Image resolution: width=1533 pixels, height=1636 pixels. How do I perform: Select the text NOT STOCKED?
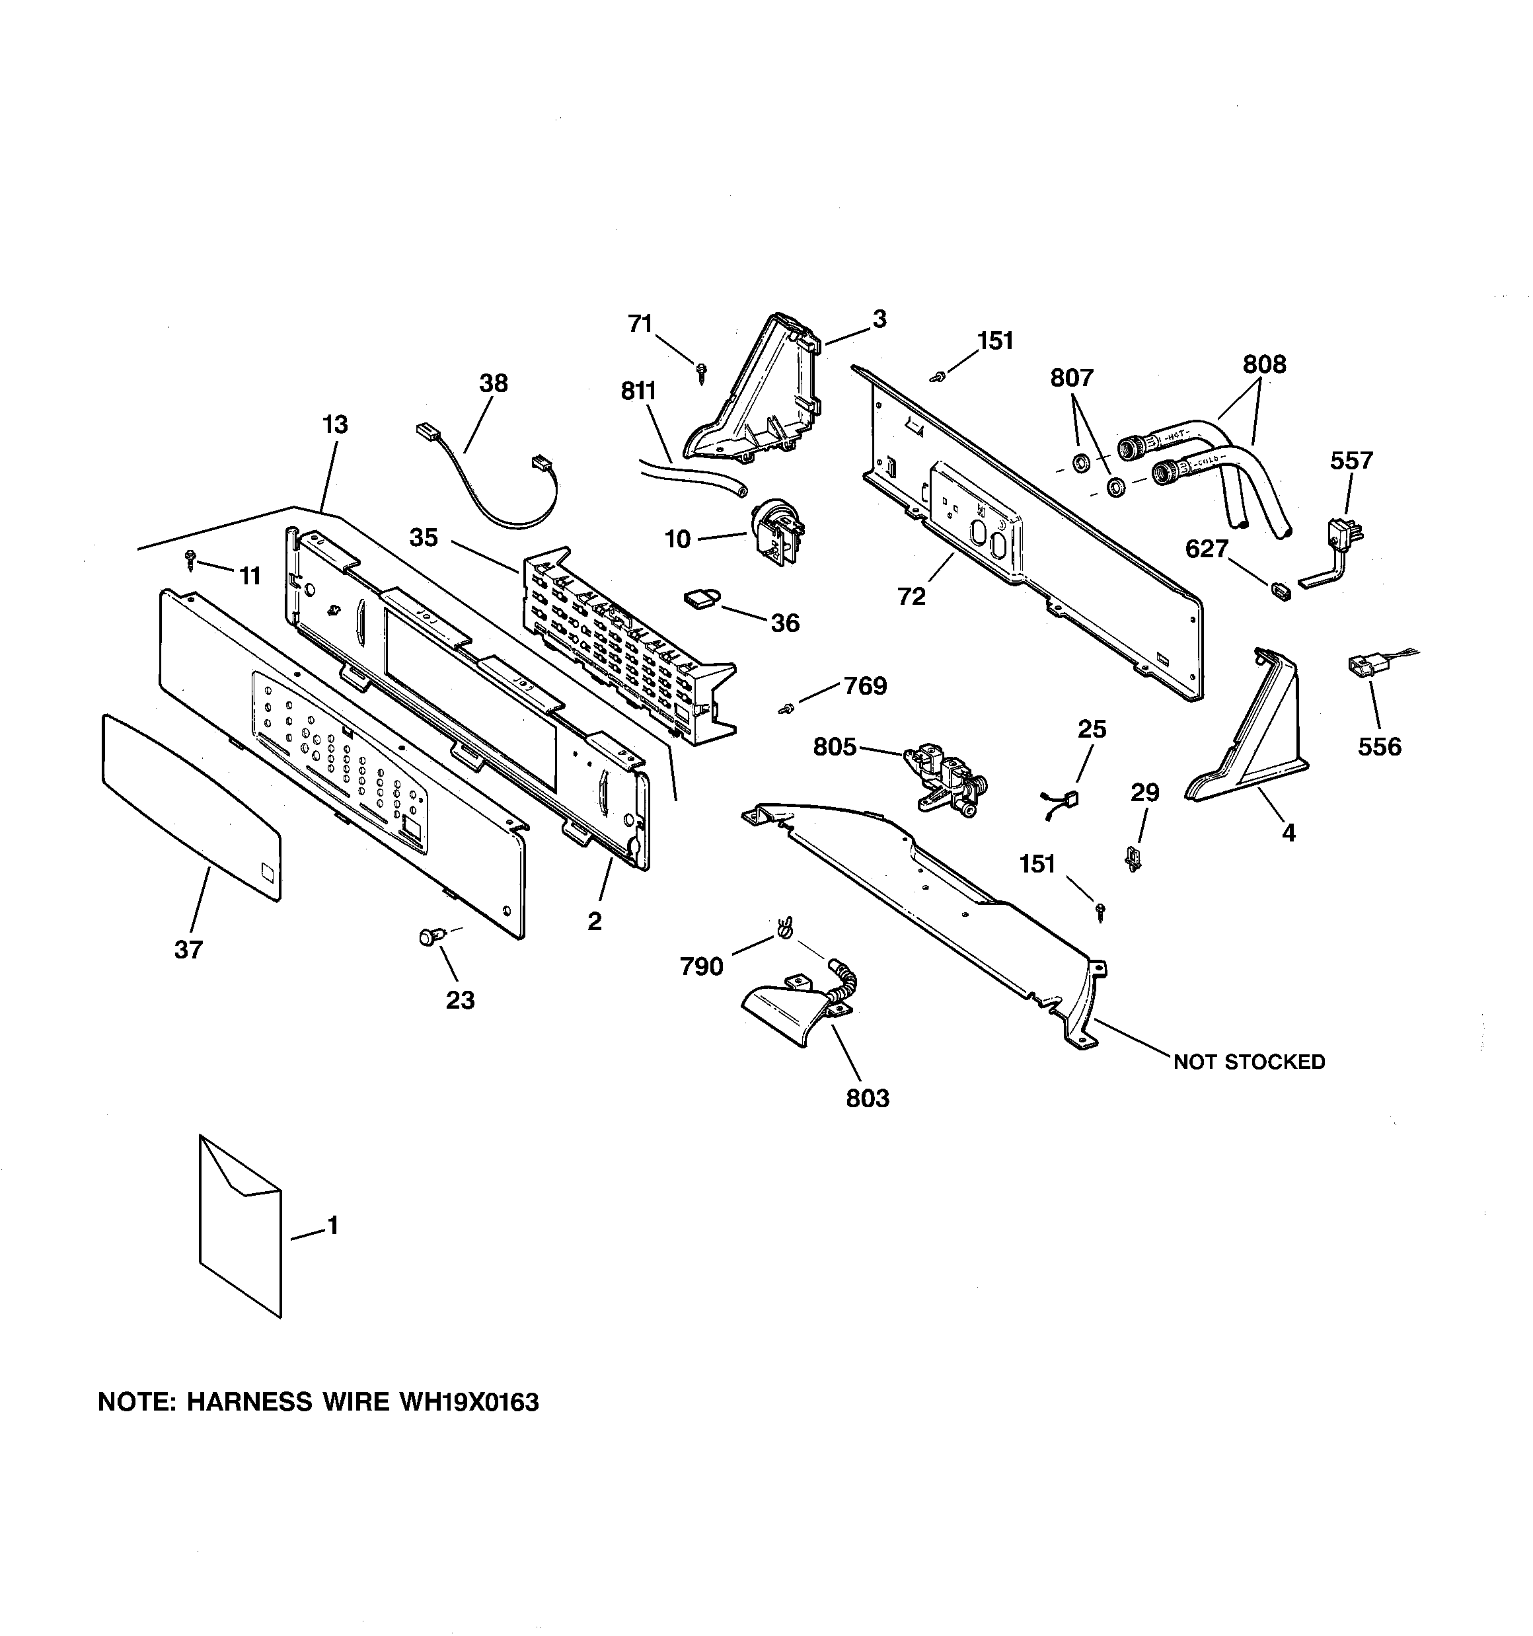pyautogui.click(x=1248, y=1062)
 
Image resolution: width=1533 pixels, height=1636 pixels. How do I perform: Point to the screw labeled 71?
pyautogui.click(x=701, y=372)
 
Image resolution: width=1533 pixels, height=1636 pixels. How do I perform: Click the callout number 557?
pyautogui.click(x=1351, y=460)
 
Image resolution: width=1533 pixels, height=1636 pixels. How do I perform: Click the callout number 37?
pyautogui.click(x=188, y=950)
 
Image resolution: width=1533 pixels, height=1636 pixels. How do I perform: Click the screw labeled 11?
pyautogui.click(x=191, y=561)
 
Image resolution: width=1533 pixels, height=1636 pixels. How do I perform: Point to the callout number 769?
pyautogui.click(x=865, y=686)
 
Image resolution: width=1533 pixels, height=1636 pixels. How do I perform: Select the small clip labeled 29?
pyautogui.click(x=1135, y=859)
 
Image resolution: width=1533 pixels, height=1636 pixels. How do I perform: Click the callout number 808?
pyautogui.click(x=1264, y=364)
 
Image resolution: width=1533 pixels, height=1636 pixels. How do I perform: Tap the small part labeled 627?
pyautogui.click(x=1279, y=591)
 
